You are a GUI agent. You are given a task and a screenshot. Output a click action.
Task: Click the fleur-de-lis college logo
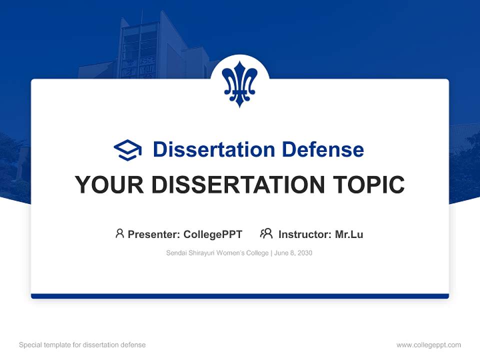coord(239,83)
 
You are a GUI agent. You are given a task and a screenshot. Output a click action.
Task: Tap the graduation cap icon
coord(127,149)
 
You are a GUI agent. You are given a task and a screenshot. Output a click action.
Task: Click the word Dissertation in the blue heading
coord(213,149)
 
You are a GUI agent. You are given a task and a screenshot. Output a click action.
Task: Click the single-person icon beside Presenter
coord(119,233)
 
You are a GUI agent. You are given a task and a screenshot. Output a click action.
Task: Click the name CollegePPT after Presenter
coord(213,234)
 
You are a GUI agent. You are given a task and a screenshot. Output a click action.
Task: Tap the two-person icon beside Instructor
coord(266,233)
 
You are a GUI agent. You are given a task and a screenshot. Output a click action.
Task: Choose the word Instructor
coord(304,234)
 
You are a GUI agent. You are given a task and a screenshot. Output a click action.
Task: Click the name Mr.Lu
coord(349,234)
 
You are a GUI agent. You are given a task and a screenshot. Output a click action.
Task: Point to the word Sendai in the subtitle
coord(175,253)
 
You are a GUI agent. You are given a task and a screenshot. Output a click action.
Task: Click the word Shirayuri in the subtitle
coord(199,253)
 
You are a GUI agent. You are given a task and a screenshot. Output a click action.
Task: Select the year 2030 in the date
coord(304,253)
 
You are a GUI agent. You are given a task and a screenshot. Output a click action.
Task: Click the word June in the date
coord(281,253)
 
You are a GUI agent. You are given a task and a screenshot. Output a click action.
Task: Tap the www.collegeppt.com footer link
coord(428,345)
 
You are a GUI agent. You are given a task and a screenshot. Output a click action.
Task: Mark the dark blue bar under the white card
coord(239,296)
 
